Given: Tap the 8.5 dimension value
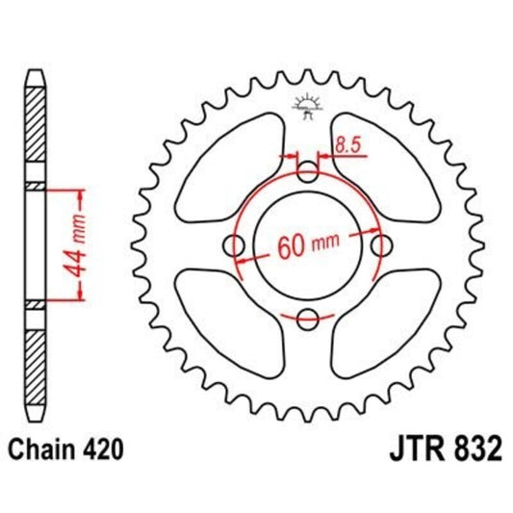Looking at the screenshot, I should pos(347,145).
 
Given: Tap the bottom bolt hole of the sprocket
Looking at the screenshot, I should pos(308,318).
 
